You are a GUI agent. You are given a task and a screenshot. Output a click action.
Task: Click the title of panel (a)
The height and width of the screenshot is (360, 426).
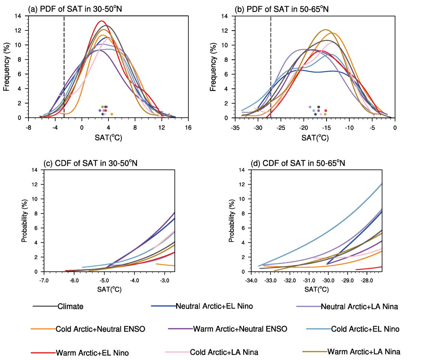75,10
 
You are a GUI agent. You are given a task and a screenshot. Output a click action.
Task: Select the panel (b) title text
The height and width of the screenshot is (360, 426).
281,10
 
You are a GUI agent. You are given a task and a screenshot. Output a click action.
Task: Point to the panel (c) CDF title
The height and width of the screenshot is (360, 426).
90,163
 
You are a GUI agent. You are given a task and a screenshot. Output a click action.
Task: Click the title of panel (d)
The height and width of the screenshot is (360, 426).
298,163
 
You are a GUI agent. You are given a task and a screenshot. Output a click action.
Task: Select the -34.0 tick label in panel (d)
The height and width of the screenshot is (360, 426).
251,281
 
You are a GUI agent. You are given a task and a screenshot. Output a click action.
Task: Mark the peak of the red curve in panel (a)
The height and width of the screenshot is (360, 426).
101,21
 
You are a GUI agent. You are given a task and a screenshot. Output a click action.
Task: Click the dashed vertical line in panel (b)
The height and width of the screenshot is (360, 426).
271,63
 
